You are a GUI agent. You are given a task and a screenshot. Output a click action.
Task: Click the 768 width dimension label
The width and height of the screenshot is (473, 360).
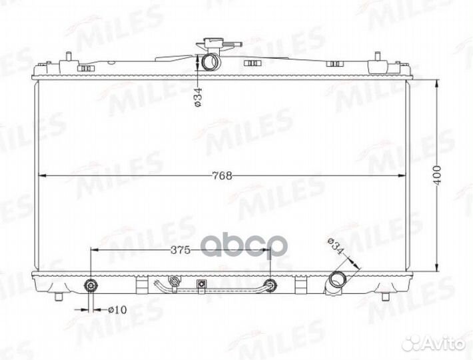coord(223,175)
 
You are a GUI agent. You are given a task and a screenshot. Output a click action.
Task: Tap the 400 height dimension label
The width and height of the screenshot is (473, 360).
coord(438,175)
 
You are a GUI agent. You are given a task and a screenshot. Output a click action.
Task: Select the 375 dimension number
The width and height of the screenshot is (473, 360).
coord(180,250)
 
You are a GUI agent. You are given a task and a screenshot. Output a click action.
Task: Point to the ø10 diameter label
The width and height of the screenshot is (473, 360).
coord(117,310)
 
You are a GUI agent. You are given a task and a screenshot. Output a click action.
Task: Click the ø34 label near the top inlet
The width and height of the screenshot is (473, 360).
coord(198,97)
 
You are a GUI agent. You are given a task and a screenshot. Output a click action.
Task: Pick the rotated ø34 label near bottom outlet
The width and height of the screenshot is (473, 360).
coord(336,247)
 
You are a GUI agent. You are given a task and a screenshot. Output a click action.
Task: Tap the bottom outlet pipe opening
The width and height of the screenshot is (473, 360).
coord(336,280)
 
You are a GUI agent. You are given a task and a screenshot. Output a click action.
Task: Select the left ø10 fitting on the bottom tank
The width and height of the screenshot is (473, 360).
coord(91,285)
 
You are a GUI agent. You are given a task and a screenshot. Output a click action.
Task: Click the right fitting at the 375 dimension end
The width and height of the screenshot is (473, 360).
coord(269,285)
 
